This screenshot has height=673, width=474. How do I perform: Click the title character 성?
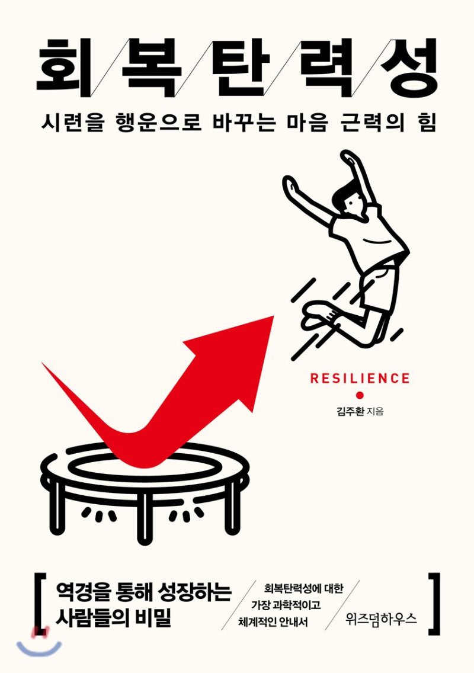point(409,66)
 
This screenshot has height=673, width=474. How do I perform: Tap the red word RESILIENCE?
point(360,379)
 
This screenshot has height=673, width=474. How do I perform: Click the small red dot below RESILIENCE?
point(359,395)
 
